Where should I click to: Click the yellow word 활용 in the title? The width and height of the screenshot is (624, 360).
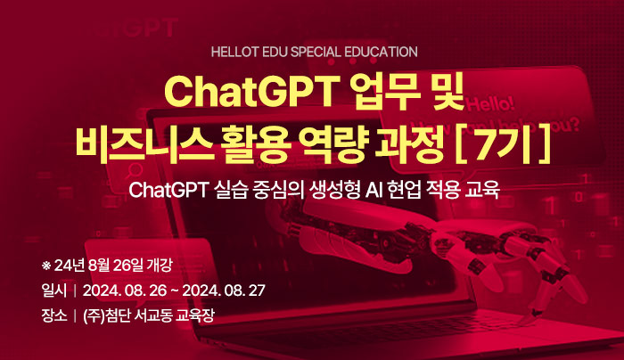coord(257,144)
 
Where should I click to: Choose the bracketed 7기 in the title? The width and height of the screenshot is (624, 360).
coord(503,144)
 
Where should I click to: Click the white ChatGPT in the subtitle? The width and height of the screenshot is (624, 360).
coord(168,190)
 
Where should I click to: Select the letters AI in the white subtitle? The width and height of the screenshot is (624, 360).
coord(374,190)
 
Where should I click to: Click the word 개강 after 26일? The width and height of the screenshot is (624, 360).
coord(160,266)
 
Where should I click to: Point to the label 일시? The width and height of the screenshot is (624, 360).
coord(54,290)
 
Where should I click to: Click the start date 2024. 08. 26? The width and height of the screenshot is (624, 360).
coord(125,290)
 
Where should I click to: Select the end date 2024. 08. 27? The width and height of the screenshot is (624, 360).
coord(224,290)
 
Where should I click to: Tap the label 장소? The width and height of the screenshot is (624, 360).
coord(54,315)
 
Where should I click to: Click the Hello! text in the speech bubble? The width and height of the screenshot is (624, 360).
coord(491,104)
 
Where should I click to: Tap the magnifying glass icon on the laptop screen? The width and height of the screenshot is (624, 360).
coord(135,172)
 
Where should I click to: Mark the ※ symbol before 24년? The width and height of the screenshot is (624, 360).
coord(46,266)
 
